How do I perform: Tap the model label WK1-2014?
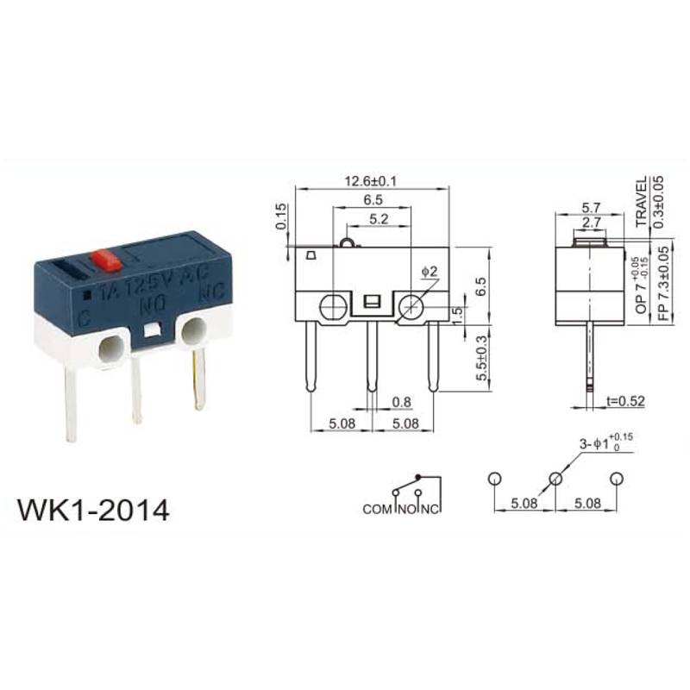click(93, 510)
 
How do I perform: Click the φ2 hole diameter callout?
click(430, 272)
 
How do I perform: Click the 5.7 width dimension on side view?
click(592, 207)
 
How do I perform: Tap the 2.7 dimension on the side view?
click(592, 223)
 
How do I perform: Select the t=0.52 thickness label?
click(625, 400)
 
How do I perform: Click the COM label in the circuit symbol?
click(377, 510)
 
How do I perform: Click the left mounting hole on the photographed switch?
click(110, 349)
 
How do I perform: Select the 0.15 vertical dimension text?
click(281, 216)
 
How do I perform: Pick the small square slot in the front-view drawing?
click(373, 303)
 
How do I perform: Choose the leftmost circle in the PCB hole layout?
click(493, 479)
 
